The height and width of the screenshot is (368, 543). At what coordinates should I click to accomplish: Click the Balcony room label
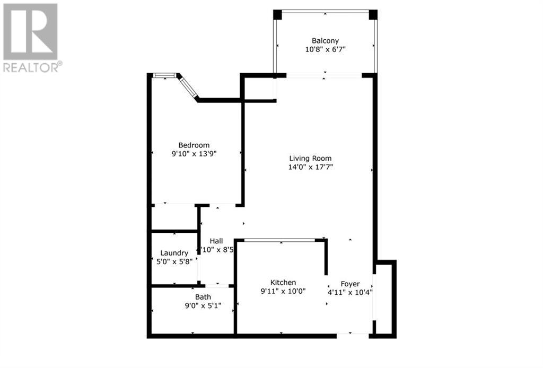coord(325,40)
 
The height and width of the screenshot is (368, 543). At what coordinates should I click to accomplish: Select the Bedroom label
coord(194,145)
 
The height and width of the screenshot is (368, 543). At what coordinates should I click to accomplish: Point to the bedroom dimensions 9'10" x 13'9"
coord(194,154)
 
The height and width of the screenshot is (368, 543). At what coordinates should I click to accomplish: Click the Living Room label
coord(310,158)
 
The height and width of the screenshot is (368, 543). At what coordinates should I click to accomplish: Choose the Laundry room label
coord(174,253)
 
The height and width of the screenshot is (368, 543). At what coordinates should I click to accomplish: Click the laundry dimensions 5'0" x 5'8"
coord(174,262)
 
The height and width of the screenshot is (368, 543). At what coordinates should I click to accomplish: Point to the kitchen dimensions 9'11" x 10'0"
coord(283,291)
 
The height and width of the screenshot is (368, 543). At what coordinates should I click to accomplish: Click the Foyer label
coord(350,284)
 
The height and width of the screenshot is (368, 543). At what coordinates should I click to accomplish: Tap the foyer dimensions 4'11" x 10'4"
coord(350,292)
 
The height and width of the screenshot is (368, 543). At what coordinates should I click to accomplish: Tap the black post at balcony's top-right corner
coord(373,14)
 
